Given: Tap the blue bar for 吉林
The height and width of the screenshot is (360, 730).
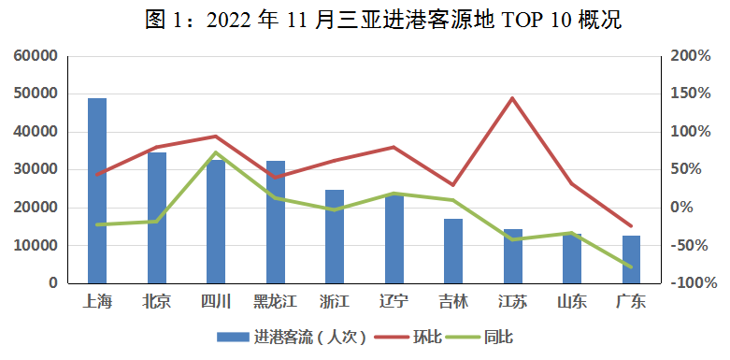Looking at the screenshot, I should click(453, 251).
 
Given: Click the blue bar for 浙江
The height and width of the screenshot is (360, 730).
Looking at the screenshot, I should click(335, 236).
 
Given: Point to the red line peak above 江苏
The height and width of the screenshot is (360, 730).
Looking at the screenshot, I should click(512, 98).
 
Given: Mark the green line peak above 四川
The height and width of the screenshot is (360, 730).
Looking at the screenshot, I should click(216, 152).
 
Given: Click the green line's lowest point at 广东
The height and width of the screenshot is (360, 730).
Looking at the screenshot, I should click(631, 267).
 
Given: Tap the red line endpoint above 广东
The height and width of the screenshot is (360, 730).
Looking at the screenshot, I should click(631, 226).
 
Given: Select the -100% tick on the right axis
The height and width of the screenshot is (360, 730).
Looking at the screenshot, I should click(691, 283).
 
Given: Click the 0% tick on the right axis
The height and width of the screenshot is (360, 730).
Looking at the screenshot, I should click(685, 208).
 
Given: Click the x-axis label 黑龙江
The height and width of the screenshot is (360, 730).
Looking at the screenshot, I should click(275, 301).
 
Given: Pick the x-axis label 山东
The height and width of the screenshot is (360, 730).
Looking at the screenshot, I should click(572, 301).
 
